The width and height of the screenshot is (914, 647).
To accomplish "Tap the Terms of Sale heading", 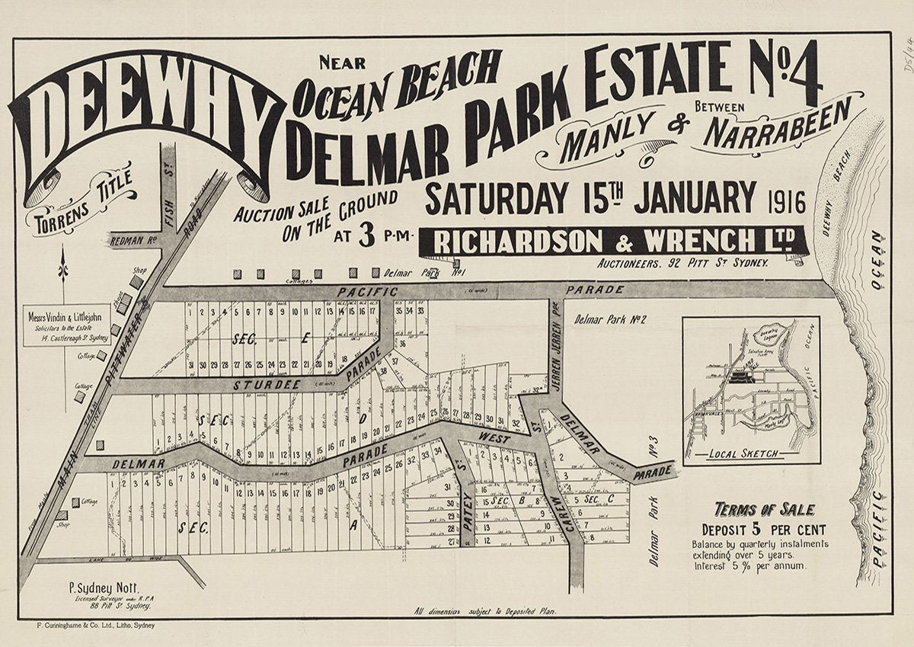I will point(764,510).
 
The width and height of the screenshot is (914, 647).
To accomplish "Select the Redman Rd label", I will point(133,240).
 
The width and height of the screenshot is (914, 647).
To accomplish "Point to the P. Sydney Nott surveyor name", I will point(101,588).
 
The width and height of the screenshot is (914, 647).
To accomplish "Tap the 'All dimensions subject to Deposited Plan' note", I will point(486,611).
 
